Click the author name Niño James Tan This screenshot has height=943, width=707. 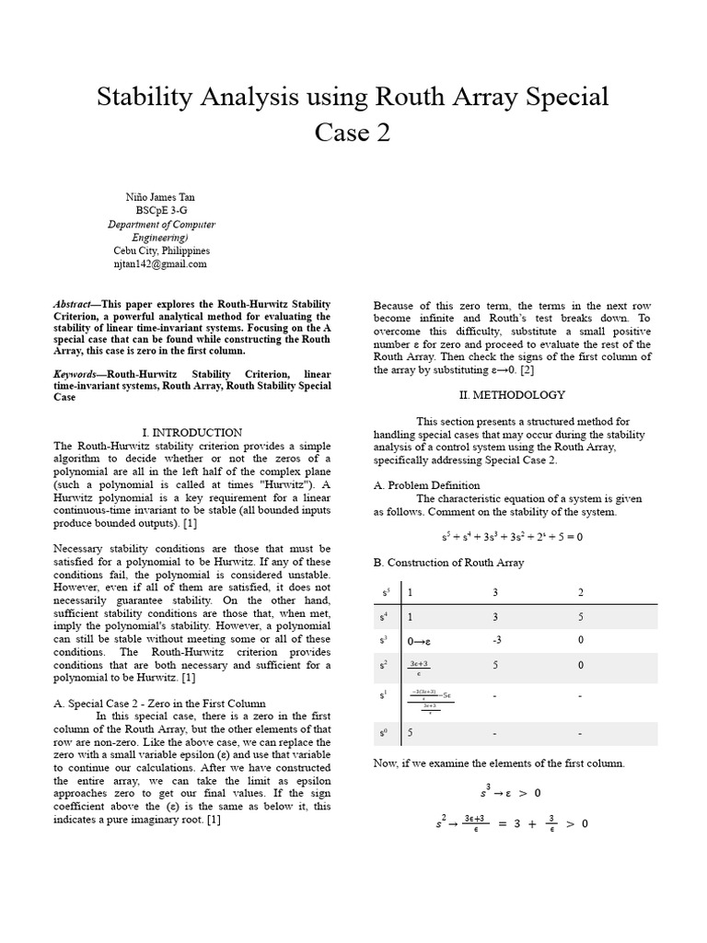pyautogui.click(x=160, y=197)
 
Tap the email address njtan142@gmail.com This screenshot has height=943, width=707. pyautogui.click(x=160, y=263)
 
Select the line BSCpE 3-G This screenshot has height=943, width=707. pyautogui.click(x=160, y=210)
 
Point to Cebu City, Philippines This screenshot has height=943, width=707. pyautogui.click(x=160, y=250)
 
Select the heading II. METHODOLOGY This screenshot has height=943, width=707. pyautogui.click(x=512, y=394)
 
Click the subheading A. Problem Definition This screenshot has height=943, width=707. pyautogui.click(x=426, y=485)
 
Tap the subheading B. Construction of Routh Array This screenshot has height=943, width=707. pyautogui.click(x=448, y=563)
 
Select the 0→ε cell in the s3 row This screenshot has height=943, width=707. pyautogui.click(x=420, y=639)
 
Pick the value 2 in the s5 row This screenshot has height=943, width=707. pyautogui.click(x=579, y=592)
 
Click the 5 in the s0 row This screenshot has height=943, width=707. pyautogui.click(x=411, y=733)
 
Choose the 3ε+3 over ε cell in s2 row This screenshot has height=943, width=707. pyautogui.click(x=418, y=664)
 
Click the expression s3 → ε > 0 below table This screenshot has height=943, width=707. pyautogui.click(x=510, y=791)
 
